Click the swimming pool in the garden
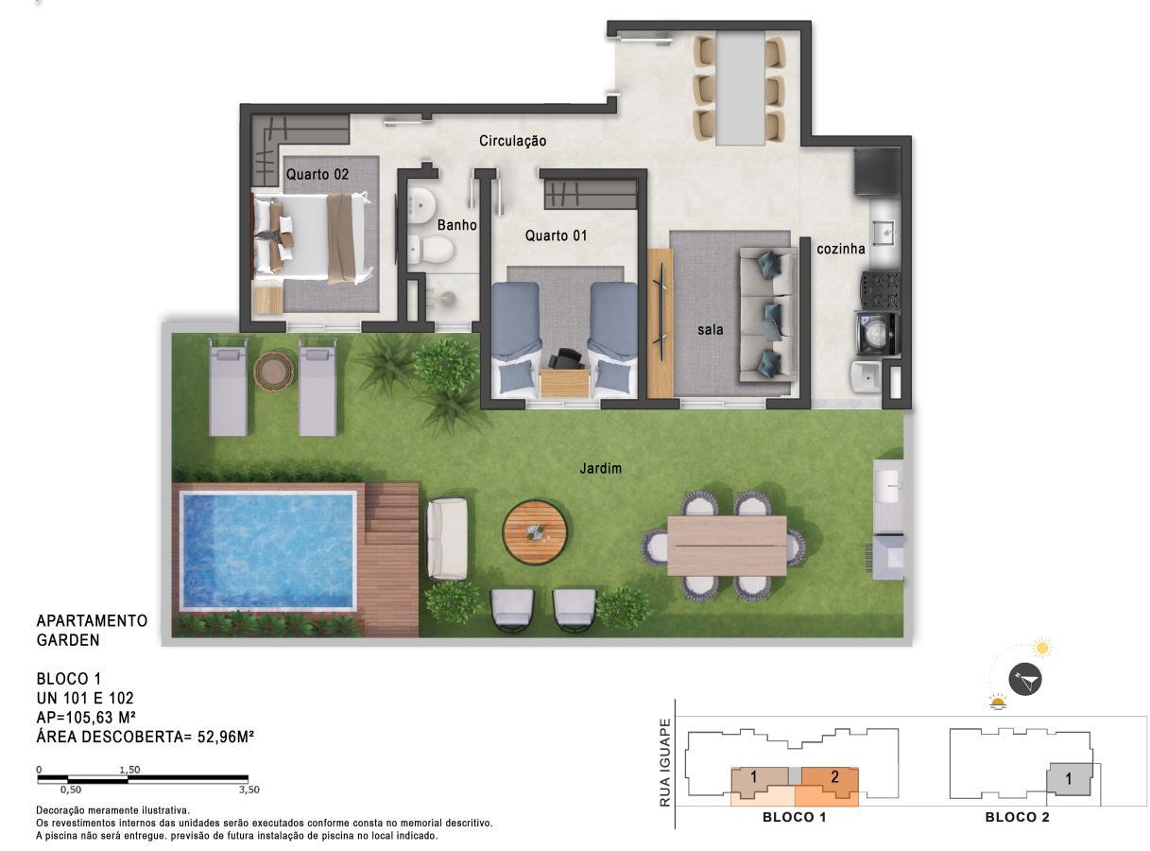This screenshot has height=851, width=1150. tap(267, 550)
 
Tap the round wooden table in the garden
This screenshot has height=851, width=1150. tap(535, 531)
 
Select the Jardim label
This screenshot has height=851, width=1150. tap(600, 469)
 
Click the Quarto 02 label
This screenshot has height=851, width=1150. tap(318, 174)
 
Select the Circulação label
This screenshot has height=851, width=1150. tap(512, 141)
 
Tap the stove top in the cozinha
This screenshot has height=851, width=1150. tap(880, 290)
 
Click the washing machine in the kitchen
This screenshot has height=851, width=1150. tap(877, 333)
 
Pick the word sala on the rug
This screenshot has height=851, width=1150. tap(710, 329)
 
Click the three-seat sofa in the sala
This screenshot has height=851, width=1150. tap(768, 315)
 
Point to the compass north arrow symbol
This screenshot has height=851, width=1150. tap(1025, 680)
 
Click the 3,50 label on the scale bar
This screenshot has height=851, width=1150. tap(249, 790)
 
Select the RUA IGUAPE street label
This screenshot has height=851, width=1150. tap(664, 762)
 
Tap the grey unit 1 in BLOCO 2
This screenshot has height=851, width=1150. tap(1069, 779)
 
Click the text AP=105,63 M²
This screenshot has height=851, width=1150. tap(86, 717)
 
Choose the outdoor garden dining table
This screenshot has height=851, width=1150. tap(727, 546)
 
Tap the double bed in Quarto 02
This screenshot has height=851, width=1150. tap(312, 237)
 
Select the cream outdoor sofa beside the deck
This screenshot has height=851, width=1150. tap(447, 539)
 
